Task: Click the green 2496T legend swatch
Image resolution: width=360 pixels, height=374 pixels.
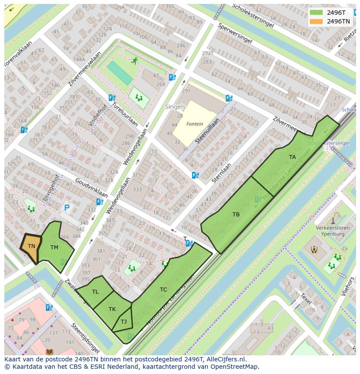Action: point(317,13)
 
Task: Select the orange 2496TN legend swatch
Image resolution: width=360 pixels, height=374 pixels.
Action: point(317,21)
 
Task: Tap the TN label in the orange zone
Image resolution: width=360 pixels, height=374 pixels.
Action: point(31,246)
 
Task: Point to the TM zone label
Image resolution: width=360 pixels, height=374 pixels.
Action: point(54,248)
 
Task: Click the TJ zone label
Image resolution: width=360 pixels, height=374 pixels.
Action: point(123,322)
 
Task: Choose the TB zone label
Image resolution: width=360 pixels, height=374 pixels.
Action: point(236,215)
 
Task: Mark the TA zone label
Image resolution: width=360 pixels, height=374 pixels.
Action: point(292,157)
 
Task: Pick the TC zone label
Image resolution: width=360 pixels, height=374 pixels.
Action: point(163,290)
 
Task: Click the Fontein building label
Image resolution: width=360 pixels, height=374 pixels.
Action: point(194,124)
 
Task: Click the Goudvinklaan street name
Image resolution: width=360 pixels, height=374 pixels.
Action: point(91,187)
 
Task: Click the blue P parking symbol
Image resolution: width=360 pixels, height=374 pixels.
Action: point(66,209)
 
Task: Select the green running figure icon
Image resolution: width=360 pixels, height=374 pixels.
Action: point(135,61)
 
